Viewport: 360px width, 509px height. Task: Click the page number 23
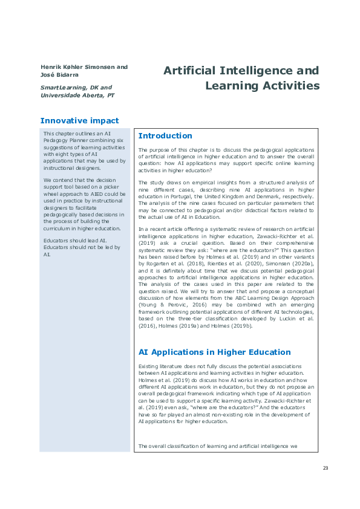tap(326, 468)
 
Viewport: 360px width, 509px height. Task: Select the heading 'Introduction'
tap(165, 136)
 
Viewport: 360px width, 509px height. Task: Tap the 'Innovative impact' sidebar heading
tap(79, 120)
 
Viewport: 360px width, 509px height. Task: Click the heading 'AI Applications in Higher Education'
tap(214, 352)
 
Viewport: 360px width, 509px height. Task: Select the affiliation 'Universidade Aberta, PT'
tap(77, 96)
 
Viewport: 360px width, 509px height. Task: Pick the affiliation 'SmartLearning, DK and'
tap(76, 88)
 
